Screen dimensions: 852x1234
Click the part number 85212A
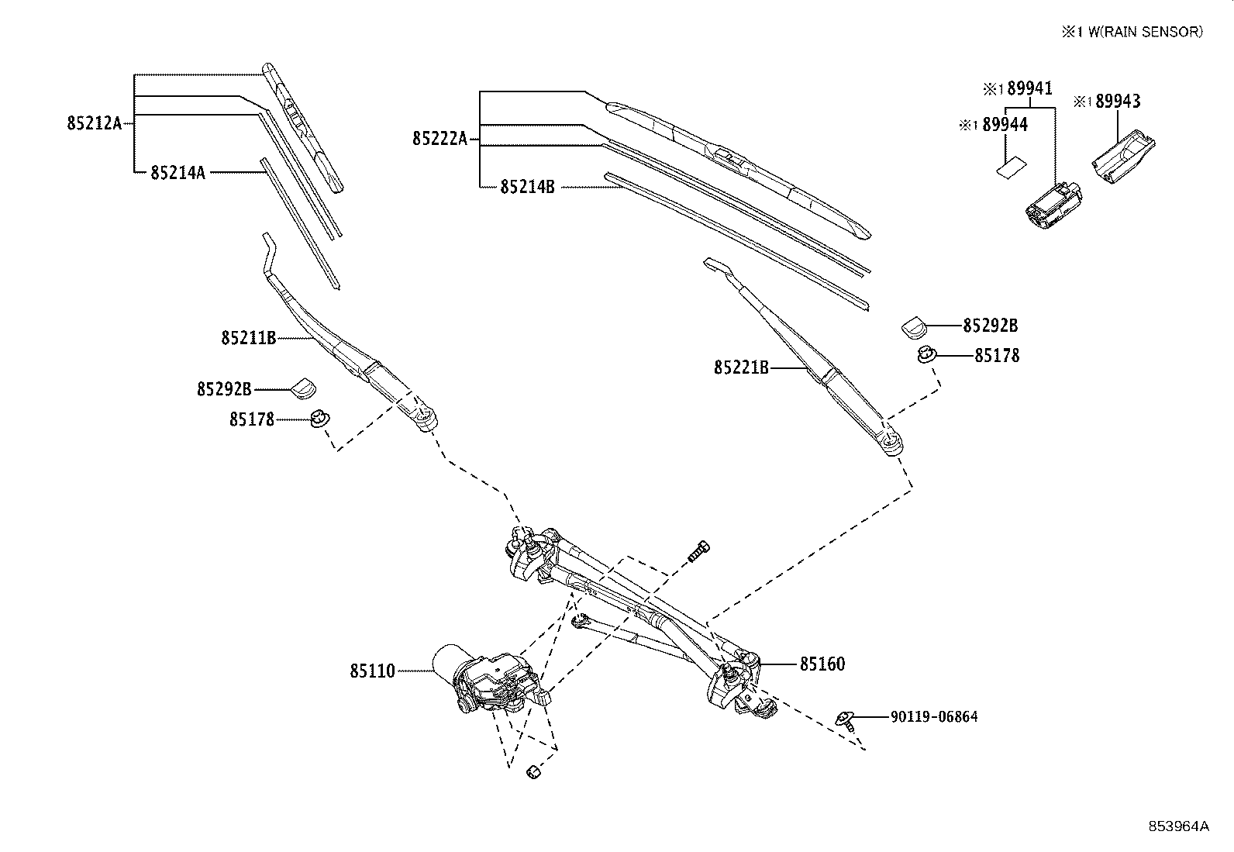coord(94,122)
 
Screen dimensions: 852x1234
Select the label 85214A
coord(178,172)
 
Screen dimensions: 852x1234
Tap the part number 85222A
coord(439,139)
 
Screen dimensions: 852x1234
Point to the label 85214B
coord(527,187)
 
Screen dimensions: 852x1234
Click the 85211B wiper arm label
coord(248,338)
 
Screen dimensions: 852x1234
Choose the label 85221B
coord(741,367)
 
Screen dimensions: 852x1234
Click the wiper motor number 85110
coord(372,671)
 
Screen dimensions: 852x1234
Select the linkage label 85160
coord(822,664)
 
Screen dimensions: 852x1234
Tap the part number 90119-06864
coord(933,717)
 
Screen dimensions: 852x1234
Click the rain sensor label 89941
coord(1029,88)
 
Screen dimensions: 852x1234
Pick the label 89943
coord(1118,102)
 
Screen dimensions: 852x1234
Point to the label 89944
coord(1005,125)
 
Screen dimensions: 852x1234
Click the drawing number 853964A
coord(1178,826)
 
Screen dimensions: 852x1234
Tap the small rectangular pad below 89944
coord(1008,168)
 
